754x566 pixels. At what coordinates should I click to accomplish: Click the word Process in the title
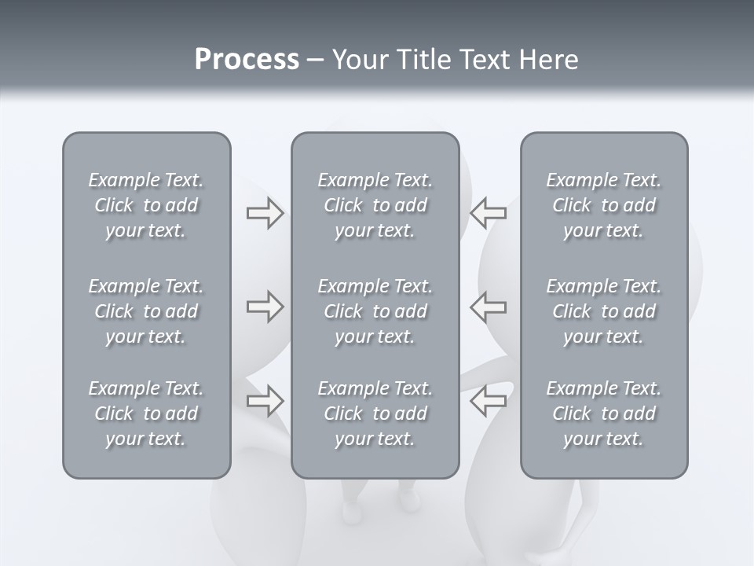247,60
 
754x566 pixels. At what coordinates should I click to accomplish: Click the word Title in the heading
424,60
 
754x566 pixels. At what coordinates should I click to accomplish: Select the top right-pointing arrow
265,213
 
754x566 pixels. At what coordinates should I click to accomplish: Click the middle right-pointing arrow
265,307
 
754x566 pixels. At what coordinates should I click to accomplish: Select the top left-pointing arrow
489,211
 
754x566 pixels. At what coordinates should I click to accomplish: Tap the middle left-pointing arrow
489,307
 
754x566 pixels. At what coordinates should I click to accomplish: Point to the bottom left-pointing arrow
489,401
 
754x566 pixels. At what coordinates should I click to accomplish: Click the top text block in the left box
146,205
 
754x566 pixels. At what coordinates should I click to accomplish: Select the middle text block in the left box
146,311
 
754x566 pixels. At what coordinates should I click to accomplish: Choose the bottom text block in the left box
146,413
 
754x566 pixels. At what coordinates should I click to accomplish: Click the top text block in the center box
375,205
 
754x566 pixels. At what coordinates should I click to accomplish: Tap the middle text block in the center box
375,311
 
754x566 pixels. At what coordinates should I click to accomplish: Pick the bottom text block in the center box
375,413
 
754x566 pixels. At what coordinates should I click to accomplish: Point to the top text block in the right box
604,205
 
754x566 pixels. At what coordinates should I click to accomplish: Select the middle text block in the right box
604,311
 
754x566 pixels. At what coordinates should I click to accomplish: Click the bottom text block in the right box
604,413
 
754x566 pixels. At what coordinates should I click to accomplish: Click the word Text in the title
484,60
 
